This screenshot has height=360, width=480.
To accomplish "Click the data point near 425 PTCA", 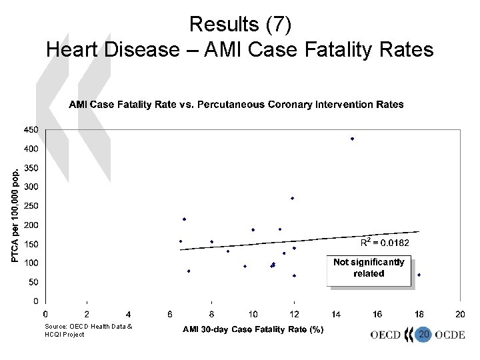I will point(352,139).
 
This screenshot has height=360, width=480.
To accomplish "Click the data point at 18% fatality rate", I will point(419,275).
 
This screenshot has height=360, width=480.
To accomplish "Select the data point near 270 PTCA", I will point(292,198).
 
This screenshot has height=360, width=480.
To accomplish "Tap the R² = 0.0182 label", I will point(390,243).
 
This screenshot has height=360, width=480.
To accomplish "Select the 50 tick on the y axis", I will point(33,282).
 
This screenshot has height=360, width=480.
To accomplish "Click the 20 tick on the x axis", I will point(460,313).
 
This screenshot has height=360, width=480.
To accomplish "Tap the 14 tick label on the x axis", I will point(335,313).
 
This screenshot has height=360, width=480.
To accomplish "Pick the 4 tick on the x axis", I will point(128,313).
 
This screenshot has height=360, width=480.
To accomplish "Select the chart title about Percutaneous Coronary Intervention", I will point(237,105).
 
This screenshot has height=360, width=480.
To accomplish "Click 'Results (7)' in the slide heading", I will point(239,24).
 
